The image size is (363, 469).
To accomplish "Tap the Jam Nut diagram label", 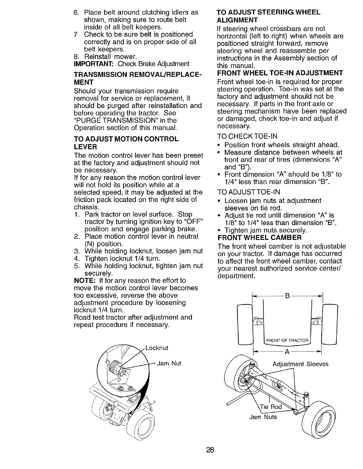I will [169, 363].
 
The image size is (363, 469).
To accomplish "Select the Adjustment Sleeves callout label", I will [301, 364].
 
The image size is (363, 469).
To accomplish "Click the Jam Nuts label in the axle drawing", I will [263, 417].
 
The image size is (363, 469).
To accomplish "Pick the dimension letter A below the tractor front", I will [287, 352].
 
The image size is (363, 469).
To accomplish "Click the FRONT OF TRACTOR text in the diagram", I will [287, 341].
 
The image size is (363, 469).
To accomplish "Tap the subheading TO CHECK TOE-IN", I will [247, 136].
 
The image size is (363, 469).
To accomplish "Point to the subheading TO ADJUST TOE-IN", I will [248, 192].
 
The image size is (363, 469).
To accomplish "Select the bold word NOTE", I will [85, 281].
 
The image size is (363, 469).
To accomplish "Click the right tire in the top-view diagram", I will [330, 324].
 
